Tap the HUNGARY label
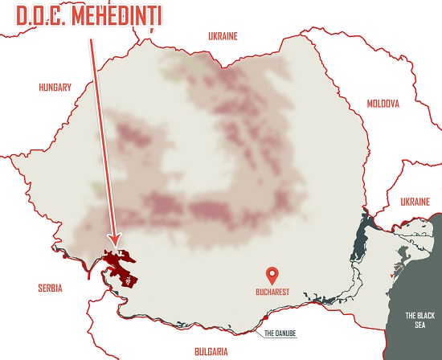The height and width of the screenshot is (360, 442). tap(55, 88)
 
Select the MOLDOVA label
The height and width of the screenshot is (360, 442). tap(382, 104)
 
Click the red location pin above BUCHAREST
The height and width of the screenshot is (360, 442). tap(275, 272)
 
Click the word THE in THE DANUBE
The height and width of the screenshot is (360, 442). tap(270, 331)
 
